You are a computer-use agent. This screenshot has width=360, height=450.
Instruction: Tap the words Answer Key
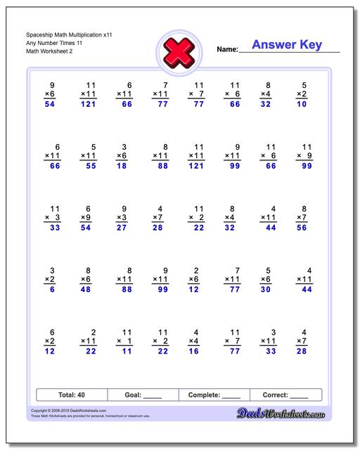click(x=286, y=45)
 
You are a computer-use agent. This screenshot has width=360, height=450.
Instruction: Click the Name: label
click(x=227, y=50)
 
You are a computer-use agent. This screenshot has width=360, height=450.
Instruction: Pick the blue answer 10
click(x=301, y=104)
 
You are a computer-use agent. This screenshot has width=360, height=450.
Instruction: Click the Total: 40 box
click(x=71, y=395)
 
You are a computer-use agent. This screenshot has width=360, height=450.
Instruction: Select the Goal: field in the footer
click(x=143, y=395)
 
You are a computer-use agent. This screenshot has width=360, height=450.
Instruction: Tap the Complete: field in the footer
click(x=214, y=395)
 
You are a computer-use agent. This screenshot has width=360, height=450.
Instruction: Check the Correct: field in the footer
click(x=285, y=395)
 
